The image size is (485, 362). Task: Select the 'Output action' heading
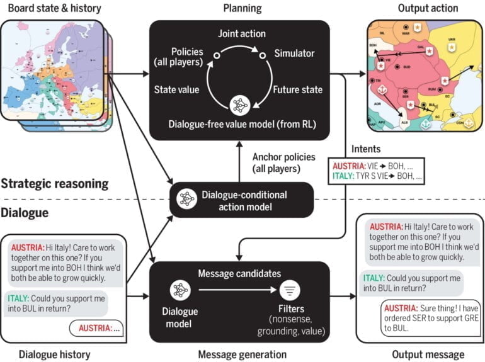point(428,8)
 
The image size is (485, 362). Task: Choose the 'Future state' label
point(297,89)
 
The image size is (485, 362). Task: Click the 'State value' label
point(177,89)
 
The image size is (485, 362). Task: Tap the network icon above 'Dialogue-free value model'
point(239,104)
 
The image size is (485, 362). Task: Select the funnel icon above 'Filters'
point(290,291)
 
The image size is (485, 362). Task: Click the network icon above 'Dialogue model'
point(180,291)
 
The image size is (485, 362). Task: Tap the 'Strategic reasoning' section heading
point(55,184)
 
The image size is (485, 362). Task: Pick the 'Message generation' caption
point(242,354)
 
